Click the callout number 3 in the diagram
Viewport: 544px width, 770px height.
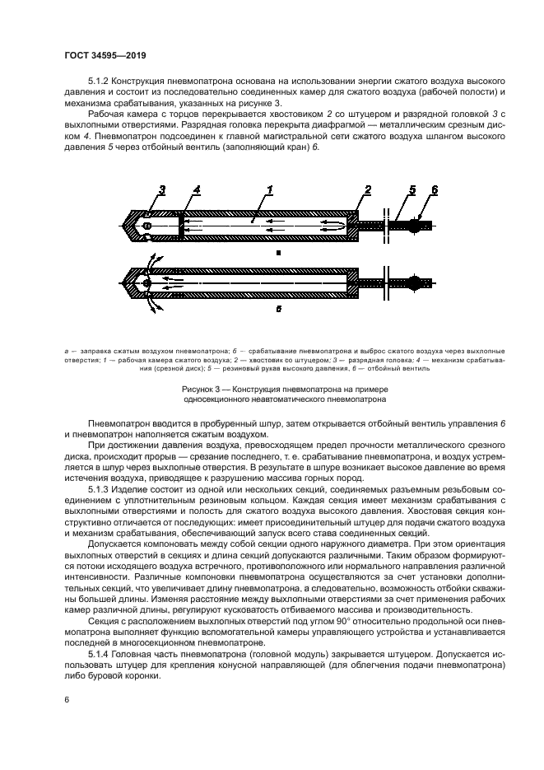click(163, 191)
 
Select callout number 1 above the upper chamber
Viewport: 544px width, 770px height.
click(268, 191)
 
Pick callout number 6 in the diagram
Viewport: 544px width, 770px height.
click(435, 191)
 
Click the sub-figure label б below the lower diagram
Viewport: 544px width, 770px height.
click(278, 311)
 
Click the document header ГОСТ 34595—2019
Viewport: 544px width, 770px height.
click(100, 54)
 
